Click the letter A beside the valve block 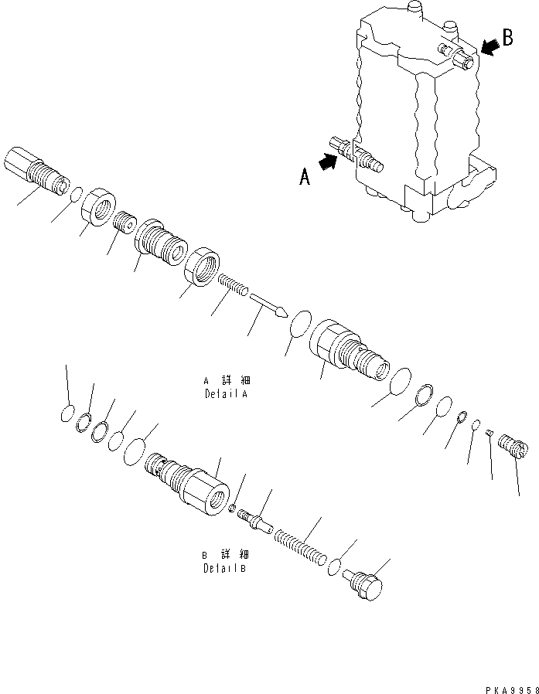[x=305, y=178]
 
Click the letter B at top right [x=507, y=39]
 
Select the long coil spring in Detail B [x=302, y=543]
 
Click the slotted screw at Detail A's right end [x=515, y=448]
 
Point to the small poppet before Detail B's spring [x=255, y=519]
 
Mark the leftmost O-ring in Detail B [x=67, y=415]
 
